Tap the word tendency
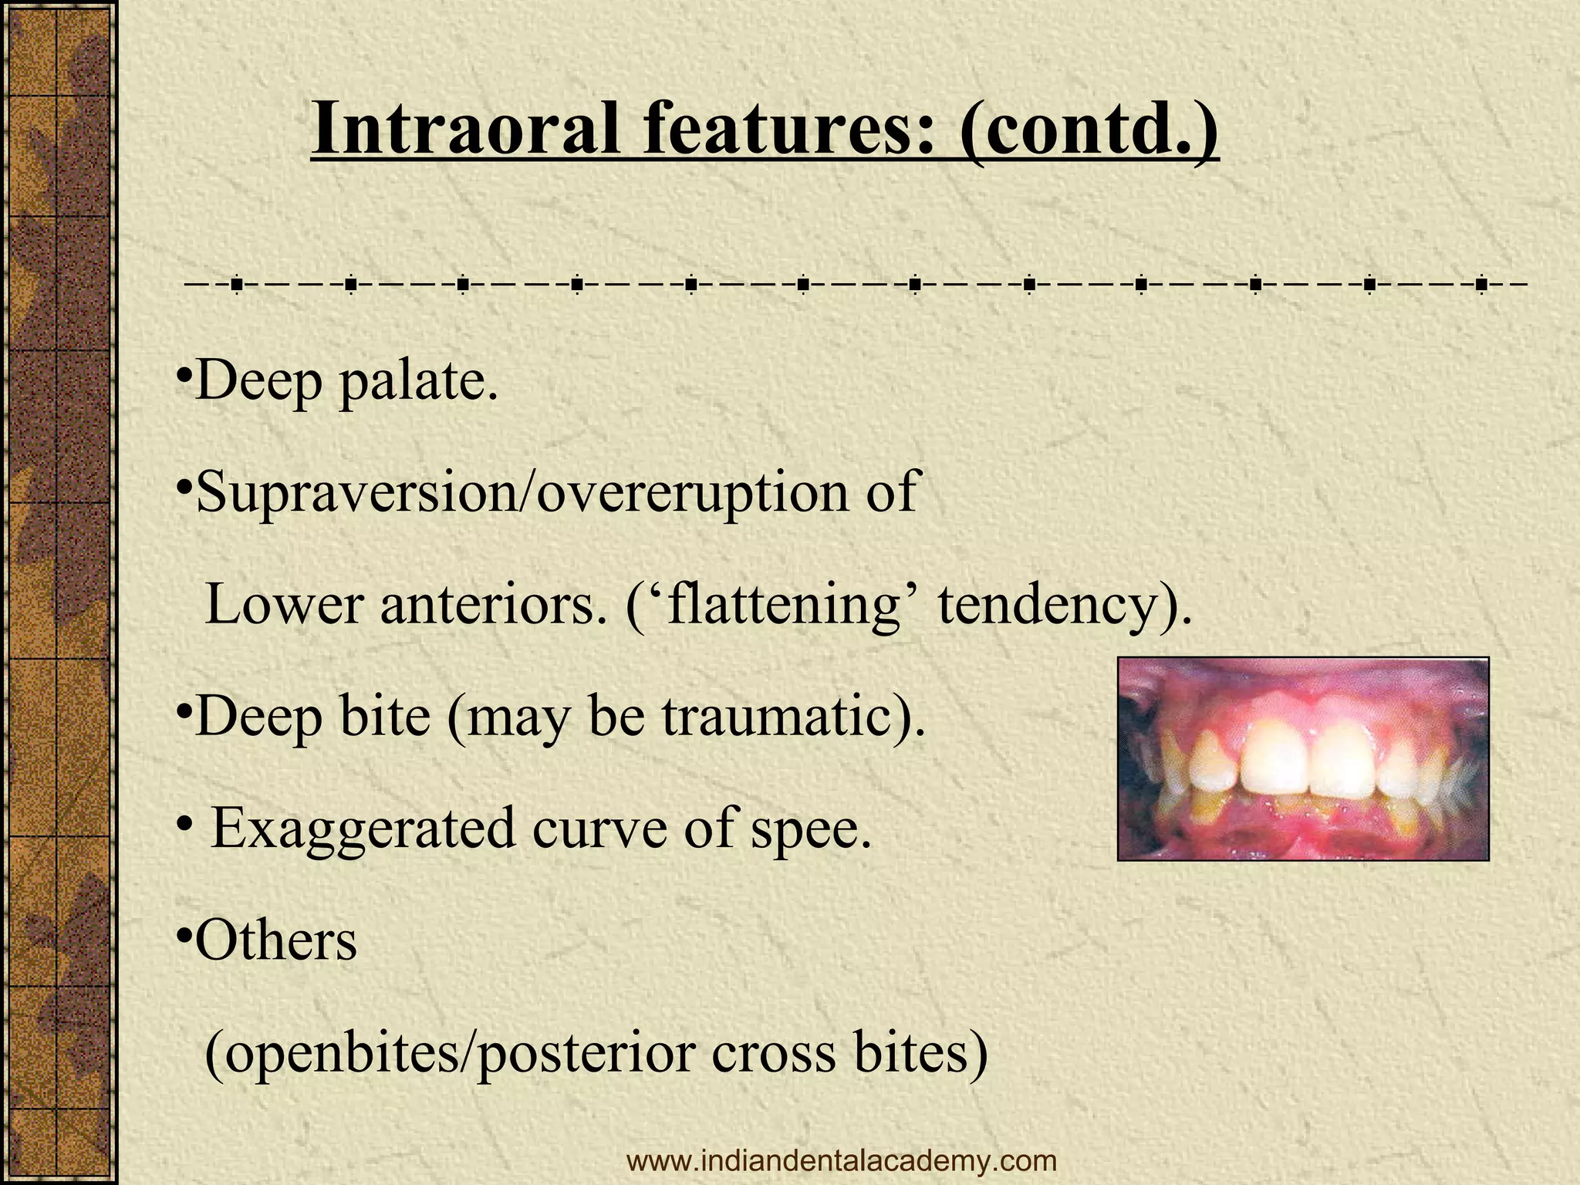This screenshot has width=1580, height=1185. (1064, 606)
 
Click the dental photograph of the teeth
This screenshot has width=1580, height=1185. (1303, 758)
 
